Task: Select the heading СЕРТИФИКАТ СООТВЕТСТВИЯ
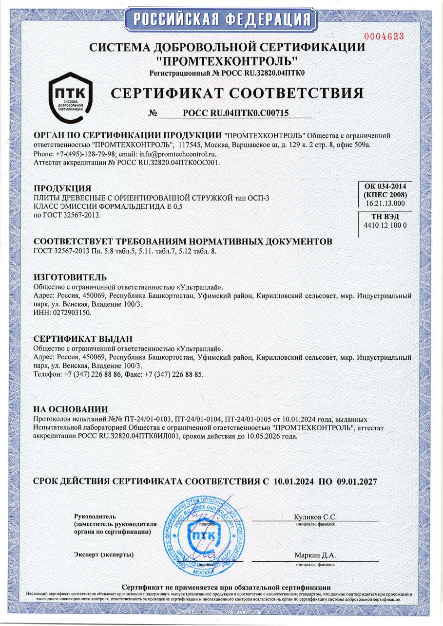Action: tap(237, 93)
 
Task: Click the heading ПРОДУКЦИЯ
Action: tap(62, 188)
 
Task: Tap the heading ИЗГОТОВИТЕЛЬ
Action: tap(69, 277)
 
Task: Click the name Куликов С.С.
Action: tap(315, 517)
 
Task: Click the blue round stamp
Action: tap(202, 533)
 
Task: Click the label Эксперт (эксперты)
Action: tap(103, 554)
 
